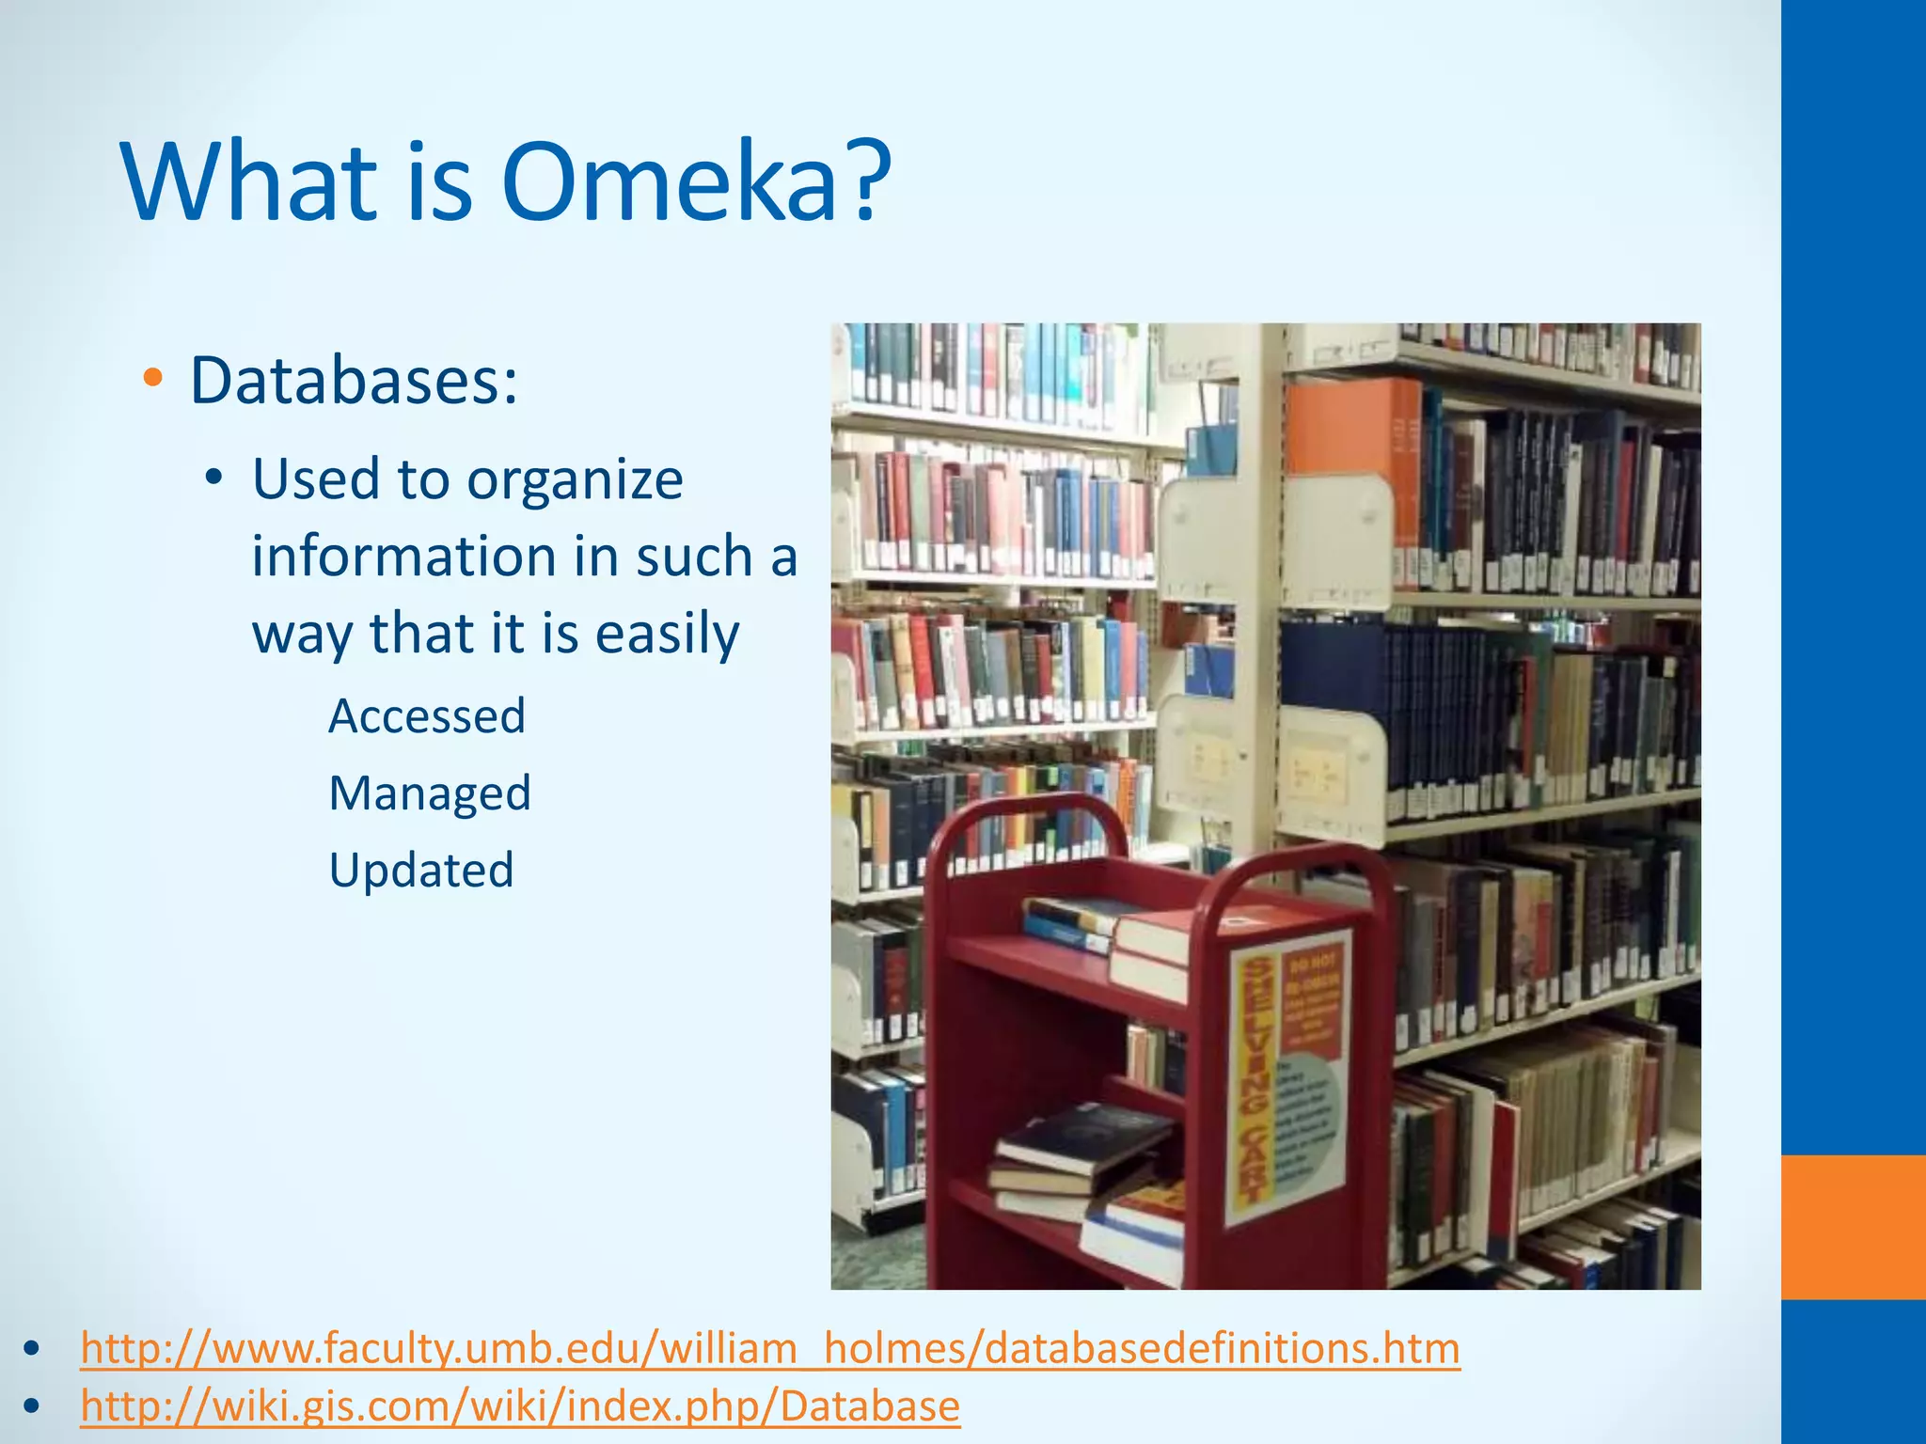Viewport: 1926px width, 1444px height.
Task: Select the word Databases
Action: pyautogui.click(x=354, y=381)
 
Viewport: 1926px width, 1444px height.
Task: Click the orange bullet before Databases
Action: pyautogui.click(x=152, y=379)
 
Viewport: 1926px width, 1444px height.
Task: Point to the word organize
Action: pyautogui.click(x=575, y=480)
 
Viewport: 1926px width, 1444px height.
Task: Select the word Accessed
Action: pyautogui.click(x=427, y=716)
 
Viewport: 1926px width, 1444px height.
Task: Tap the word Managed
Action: pyautogui.click(x=430, y=793)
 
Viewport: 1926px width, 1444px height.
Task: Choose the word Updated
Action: pyautogui.click(x=421, y=871)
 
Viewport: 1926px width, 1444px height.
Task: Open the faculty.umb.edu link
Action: pyautogui.click(x=770, y=1347)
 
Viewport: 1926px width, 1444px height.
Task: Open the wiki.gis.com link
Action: pyautogui.click(x=520, y=1406)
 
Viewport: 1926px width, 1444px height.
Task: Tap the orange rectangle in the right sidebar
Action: pyautogui.click(x=1853, y=1227)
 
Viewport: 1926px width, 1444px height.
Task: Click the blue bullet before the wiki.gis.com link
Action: pyautogui.click(x=33, y=1406)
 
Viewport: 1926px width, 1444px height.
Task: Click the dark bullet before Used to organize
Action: pyautogui.click(x=214, y=479)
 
